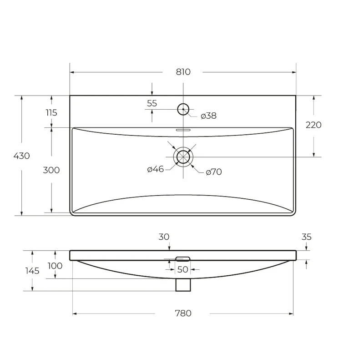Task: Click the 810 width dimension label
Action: click(x=183, y=72)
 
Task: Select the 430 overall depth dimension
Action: click(x=21, y=156)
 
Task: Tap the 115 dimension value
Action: click(x=51, y=113)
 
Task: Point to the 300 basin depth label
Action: click(x=51, y=170)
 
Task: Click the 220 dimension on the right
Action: click(x=313, y=125)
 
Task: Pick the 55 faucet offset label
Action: click(x=152, y=103)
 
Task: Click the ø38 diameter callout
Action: click(x=208, y=116)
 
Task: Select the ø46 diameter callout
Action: click(x=155, y=169)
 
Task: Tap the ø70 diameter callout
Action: click(x=214, y=172)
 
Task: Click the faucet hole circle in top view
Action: click(x=183, y=104)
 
